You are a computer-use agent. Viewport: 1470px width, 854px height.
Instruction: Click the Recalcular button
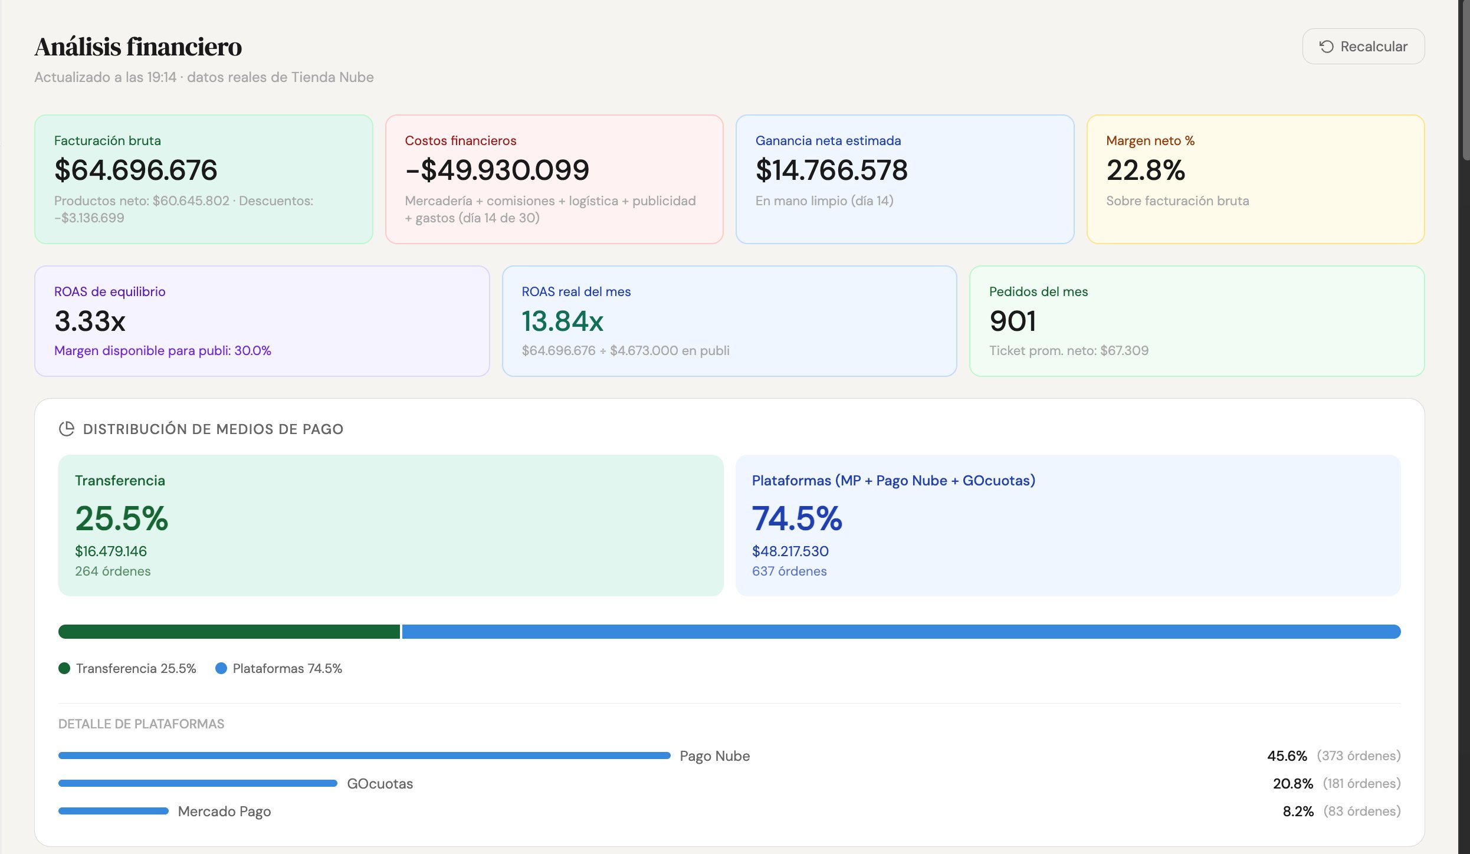point(1363,47)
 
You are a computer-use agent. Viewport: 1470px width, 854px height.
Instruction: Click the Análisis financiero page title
point(138,47)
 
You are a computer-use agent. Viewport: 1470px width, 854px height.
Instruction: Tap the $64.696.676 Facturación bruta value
point(136,170)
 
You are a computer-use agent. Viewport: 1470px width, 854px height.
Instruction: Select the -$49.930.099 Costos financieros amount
point(497,170)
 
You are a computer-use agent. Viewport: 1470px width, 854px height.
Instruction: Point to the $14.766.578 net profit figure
point(832,170)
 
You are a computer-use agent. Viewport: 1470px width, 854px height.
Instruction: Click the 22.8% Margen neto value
point(1146,170)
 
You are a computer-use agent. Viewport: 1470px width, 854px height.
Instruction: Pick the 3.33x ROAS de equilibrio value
point(90,321)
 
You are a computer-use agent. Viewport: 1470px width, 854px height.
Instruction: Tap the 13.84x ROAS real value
point(563,321)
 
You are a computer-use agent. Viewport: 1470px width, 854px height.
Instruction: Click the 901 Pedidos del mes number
point(1013,321)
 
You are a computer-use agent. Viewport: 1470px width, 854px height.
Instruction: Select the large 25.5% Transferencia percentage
point(122,518)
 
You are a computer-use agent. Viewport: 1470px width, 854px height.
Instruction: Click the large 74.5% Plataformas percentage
point(797,518)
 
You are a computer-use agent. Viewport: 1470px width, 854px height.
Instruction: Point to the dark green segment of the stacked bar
point(229,632)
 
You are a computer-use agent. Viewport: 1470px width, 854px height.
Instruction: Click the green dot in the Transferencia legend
point(64,668)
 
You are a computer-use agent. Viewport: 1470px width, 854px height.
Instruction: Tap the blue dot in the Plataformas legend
point(221,668)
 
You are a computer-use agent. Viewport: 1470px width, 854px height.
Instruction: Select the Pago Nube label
point(715,756)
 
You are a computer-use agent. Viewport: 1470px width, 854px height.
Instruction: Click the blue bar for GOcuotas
point(198,783)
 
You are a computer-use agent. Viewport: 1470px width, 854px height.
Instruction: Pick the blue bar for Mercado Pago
point(113,811)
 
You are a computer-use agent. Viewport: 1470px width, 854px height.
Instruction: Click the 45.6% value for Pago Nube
point(1287,756)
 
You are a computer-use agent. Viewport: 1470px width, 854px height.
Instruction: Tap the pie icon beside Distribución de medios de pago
point(67,429)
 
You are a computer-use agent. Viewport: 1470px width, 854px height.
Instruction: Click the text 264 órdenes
point(113,571)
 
